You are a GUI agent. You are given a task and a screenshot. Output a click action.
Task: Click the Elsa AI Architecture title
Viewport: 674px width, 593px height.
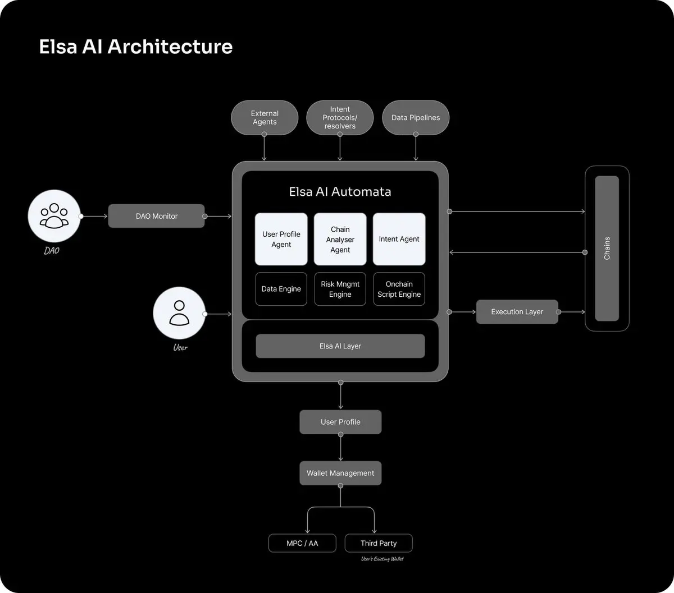point(136,47)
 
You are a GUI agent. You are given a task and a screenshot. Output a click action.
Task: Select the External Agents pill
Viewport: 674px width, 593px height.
point(265,118)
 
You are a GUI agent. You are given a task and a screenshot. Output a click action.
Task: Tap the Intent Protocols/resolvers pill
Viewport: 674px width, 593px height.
point(340,118)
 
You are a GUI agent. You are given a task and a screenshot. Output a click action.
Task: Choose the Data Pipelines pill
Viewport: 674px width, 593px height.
point(416,118)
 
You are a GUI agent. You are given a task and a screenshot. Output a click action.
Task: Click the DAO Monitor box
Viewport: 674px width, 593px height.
point(157,216)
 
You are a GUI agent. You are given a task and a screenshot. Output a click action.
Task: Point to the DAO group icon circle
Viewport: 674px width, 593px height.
point(54,216)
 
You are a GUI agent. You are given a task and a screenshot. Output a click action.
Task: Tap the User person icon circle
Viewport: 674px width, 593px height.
point(179,313)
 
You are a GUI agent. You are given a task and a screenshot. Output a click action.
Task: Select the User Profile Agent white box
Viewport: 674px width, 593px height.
point(281,239)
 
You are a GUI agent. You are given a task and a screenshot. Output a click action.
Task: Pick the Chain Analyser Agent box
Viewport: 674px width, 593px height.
point(340,239)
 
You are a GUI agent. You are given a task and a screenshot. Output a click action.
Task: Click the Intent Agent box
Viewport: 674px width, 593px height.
point(399,239)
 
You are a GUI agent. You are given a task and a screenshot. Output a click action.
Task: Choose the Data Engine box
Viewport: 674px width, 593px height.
point(281,289)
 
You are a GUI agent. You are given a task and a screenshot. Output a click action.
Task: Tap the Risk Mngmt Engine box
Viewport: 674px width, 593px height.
point(340,289)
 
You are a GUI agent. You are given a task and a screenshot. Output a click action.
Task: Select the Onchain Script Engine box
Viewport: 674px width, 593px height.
point(399,289)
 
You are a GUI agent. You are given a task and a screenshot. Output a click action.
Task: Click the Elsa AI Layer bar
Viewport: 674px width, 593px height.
point(340,346)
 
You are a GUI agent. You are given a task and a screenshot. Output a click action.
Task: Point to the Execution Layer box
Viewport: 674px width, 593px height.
point(517,312)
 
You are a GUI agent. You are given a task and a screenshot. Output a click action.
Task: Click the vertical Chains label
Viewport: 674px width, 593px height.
point(607,248)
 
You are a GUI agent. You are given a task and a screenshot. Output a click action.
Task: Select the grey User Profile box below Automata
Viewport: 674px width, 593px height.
point(340,422)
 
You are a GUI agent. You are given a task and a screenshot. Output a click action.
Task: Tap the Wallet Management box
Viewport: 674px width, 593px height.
point(340,473)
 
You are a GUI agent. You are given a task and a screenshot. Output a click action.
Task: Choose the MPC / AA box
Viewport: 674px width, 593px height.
point(302,543)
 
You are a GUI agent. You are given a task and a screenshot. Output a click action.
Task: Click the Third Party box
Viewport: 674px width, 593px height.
point(379,543)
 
